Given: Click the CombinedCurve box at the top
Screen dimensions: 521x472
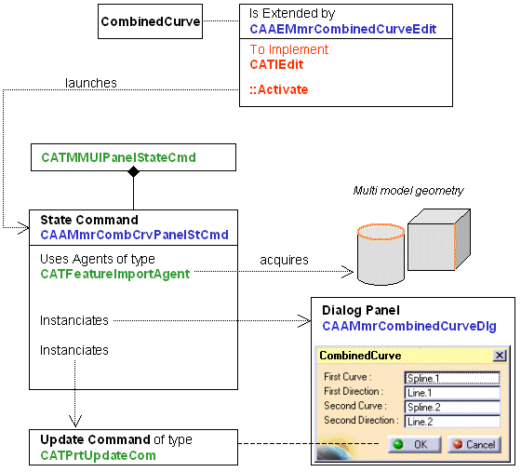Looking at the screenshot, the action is click(150, 21).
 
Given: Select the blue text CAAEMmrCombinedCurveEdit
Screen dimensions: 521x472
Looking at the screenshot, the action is click(343, 29).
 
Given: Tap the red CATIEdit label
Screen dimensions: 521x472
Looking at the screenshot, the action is click(276, 64).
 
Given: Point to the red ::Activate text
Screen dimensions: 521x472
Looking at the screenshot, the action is click(279, 89).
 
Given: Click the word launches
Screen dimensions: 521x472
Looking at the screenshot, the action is click(91, 83).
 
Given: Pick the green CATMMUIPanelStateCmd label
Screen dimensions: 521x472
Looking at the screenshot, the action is click(119, 157).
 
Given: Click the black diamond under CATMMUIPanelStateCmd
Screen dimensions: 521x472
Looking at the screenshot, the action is click(134, 171).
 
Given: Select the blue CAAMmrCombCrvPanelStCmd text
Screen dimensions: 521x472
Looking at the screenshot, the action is click(134, 235).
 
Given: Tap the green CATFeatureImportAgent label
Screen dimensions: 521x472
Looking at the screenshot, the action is click(115, 275).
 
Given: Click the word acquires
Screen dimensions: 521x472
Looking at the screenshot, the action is click(284, 260).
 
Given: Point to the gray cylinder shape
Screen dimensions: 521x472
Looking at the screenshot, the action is click(381, 254).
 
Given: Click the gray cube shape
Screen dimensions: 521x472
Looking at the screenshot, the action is click(439, 239).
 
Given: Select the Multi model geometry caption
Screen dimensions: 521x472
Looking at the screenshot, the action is click(408, 191).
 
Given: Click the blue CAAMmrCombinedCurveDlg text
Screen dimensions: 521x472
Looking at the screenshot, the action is click(409, 326).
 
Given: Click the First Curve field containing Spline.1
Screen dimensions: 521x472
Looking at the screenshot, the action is click(452, 378).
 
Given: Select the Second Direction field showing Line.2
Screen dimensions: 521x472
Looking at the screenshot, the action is click(452, 422).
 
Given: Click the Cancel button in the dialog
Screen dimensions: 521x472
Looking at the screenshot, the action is click(474, 444).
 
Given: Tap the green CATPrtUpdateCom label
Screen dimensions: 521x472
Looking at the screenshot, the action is click(98, 455).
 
